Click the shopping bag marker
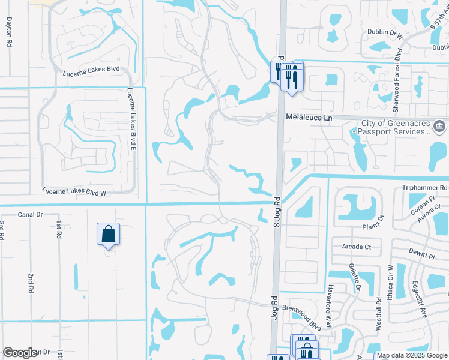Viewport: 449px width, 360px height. pos(108,233)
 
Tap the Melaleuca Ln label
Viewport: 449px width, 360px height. pos(309,118)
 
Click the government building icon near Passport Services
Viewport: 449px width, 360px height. pos(439,127)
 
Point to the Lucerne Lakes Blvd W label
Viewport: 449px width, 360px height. pos(74,193)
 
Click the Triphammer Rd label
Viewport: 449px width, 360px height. pos(425,188)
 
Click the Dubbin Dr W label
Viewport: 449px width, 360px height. pos(384,35)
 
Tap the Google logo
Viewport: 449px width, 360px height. pos(20,353)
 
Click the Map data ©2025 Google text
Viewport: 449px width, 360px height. pos(411,355)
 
